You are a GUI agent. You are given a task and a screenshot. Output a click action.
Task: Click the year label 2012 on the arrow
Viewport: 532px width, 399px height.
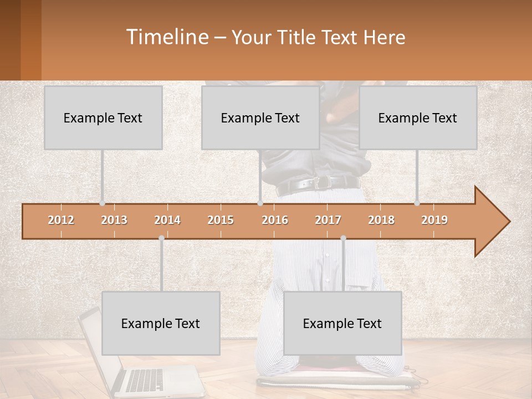pos(61,220)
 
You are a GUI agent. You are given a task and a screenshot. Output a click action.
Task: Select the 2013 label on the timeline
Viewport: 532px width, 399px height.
pos(114,220)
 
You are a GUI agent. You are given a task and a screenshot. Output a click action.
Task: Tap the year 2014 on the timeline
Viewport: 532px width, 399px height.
pos(167,220)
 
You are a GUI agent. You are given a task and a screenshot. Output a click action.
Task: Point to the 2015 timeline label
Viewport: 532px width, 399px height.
pos(221,220)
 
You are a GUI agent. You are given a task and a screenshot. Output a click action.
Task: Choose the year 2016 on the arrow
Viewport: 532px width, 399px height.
pos(275,220)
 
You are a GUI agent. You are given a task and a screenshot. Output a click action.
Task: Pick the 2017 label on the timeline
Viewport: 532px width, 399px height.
pos(328,220)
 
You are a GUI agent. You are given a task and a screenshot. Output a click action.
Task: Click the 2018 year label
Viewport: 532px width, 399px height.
pos(381,220)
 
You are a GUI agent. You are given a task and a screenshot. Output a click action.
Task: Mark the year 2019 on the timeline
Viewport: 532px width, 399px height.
pos(434,220)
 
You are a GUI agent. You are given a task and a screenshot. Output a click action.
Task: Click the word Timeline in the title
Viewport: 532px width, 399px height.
pos(166,37)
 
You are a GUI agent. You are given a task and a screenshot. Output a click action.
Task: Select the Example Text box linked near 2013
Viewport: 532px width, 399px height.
pos(103,117)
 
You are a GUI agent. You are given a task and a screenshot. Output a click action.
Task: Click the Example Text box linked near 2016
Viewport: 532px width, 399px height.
pos(260,117)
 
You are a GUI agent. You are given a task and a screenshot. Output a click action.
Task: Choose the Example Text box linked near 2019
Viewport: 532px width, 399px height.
pos(418,117)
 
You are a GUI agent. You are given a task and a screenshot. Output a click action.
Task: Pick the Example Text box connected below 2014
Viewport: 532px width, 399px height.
pos(161,323)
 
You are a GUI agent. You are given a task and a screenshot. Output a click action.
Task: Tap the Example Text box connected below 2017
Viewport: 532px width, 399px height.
pos(342,323)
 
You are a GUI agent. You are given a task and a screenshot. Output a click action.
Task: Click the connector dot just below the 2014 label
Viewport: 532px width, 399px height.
pos(161,238)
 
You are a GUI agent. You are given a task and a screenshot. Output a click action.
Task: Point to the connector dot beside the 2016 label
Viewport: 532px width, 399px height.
pos(260,203)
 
